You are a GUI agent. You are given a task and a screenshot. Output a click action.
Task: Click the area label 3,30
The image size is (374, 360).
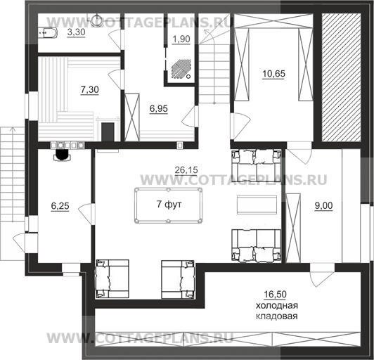(76, 32)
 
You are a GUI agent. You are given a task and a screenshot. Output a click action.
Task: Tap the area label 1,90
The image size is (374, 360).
(181, 39)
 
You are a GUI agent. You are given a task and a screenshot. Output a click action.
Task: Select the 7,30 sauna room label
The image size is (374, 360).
(90, 90)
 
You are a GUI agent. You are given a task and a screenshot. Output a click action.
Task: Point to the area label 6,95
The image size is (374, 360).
(159, 109)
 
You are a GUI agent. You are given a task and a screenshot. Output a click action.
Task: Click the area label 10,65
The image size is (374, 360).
(273, 74)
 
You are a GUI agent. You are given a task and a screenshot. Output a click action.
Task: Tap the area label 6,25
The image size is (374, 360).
(60, 206)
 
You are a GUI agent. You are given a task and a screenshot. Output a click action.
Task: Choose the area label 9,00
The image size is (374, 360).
(323, 206)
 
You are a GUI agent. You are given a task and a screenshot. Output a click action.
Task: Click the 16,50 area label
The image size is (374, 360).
(275, 295)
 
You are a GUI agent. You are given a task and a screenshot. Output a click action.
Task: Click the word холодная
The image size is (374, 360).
(277, 306)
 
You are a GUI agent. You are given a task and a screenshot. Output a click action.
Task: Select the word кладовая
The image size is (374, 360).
(277, 316)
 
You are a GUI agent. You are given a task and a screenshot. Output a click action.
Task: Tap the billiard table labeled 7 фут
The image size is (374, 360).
(168, 205)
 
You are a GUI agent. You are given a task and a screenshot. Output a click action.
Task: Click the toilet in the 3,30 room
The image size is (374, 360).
(48, 33)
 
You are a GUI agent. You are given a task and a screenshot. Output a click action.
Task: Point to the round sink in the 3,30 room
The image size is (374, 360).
(97, 20)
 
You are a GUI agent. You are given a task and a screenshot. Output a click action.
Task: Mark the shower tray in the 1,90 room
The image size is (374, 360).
(181, 69)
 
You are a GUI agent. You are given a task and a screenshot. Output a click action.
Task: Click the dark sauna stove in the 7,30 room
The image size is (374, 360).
(108, 132)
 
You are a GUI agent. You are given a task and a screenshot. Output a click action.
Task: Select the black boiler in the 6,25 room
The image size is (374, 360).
(63, 155)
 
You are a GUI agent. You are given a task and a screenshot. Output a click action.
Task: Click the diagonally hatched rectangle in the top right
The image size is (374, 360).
(341, 77)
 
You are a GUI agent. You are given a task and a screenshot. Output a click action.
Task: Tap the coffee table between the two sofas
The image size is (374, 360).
(257, 205)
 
